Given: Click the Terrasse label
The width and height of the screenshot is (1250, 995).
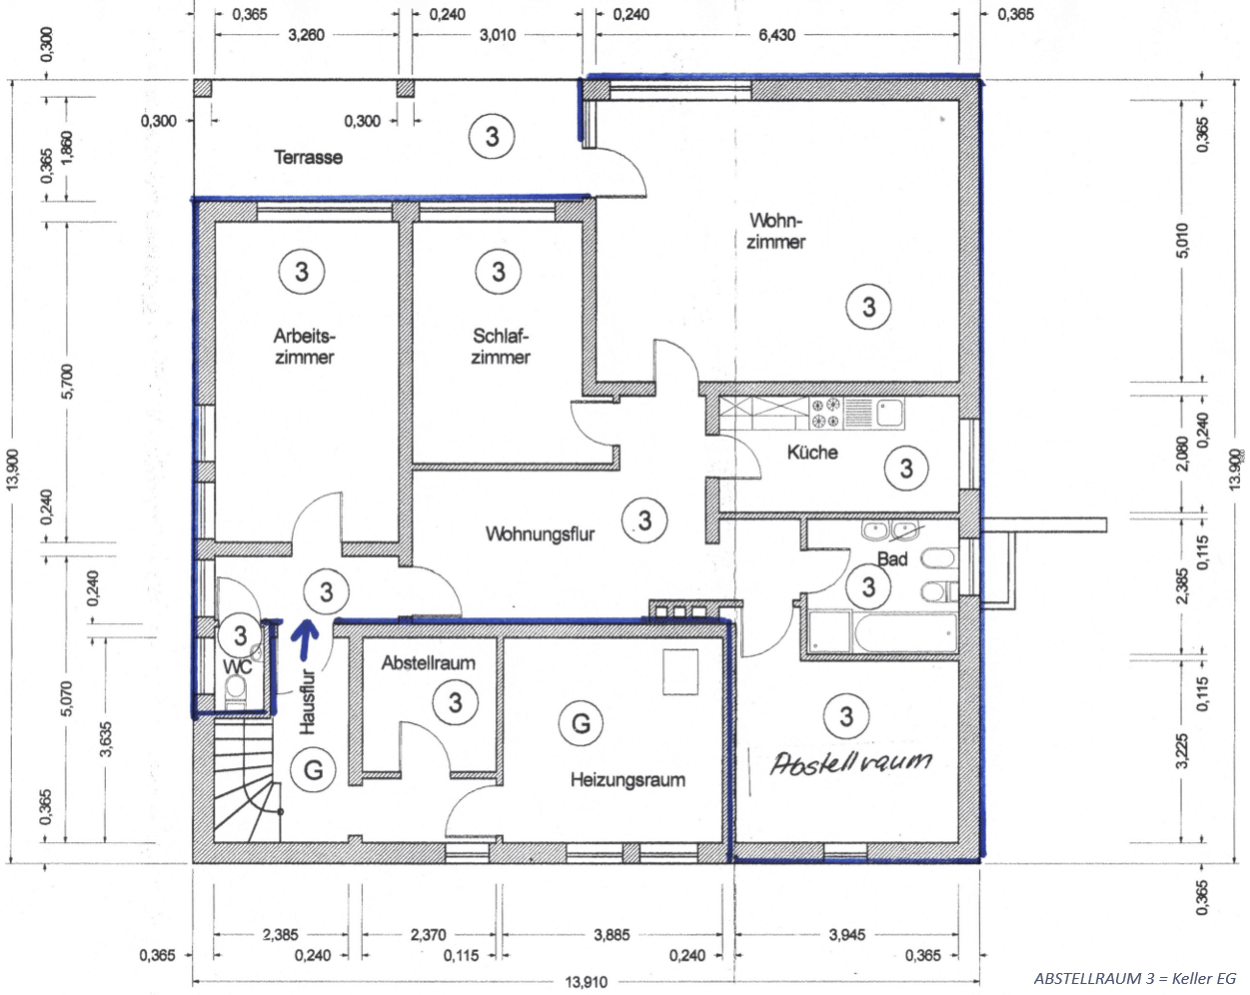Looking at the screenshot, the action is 308,157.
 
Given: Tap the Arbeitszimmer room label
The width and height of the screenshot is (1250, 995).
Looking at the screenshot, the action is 305,347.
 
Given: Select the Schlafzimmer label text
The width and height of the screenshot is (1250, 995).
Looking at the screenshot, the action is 501,347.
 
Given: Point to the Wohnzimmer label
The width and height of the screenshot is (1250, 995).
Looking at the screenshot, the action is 776,231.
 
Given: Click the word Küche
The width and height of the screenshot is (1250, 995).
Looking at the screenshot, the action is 812,452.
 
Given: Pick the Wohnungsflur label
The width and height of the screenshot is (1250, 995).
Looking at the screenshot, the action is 541,533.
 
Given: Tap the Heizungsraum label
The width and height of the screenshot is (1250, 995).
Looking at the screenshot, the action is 627,779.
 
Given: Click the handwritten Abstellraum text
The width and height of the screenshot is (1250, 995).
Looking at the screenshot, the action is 851,761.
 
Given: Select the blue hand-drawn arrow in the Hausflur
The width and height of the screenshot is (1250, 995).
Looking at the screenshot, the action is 305,640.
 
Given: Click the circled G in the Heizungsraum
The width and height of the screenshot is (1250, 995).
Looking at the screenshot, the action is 581,723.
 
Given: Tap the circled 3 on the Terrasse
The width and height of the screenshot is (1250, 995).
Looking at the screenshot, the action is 492,137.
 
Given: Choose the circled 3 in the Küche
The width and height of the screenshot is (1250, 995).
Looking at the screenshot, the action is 906,469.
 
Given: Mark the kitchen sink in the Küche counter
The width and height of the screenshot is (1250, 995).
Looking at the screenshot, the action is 890,413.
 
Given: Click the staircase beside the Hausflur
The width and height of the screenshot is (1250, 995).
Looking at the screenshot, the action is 248,779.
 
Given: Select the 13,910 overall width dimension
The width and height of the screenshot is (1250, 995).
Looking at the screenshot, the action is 587,982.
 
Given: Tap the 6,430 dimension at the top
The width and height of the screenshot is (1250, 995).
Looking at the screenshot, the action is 776,35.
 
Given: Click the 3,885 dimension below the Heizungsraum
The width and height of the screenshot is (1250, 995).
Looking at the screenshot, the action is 612,935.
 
